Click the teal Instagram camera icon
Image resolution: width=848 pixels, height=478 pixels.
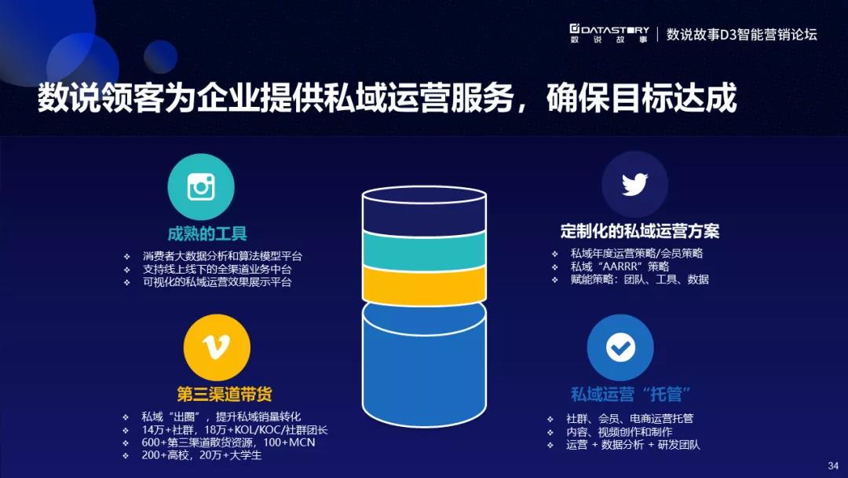point(201,187)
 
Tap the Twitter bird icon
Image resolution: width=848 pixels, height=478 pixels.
point(635,185)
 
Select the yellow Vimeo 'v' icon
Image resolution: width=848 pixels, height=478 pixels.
point(217,347)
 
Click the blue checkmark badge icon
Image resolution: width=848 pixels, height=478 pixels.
point(620,347)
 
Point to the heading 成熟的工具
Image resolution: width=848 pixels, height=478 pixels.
point(207,233)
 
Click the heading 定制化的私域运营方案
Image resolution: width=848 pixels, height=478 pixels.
point(640,231)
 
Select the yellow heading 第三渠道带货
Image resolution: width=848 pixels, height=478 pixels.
point(225,394)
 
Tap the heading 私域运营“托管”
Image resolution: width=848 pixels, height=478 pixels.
point(631,394)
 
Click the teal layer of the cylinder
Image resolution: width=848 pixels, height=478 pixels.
point(424,250)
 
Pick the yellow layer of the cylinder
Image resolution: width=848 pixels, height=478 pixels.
point(424,285)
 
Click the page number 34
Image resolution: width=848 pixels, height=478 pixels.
point(833,465)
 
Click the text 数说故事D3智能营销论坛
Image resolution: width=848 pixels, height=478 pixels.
point(741,35)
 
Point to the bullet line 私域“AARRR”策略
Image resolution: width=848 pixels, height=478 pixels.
point(620,267)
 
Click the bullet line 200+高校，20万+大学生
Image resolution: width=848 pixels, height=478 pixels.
point(202,455)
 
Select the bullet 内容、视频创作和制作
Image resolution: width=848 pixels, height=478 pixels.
point(620,432)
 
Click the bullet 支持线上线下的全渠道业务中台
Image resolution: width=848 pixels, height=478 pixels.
point(217,269)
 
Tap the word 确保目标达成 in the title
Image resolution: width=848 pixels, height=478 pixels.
point(641,98)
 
